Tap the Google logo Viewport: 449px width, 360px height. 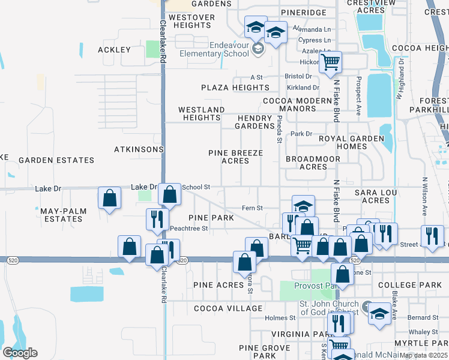[20, 353]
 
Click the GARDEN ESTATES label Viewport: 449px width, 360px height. [56, 160]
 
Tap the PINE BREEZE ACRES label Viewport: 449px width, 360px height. [235, 157]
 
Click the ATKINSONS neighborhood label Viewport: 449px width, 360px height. [139, 149]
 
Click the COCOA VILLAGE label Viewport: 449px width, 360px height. [228, 308]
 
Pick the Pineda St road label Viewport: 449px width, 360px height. [280, 128]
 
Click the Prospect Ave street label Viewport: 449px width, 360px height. [358, 95]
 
